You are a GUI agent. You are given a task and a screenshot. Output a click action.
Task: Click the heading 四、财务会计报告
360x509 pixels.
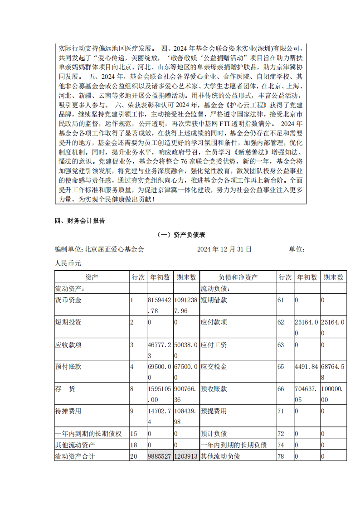pyautogui.click(x=80, y=221)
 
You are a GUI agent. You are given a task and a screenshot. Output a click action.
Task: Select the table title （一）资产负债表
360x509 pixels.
pyautogui.click(x=180, y=235)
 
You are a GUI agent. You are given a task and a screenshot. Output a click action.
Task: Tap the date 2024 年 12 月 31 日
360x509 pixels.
pyautogui.click(x=224, y=249)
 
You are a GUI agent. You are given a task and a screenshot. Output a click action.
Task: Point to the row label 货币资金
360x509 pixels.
pyautogui.click(x=68, y=300)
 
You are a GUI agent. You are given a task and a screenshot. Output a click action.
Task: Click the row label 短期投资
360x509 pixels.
pyautogui.click(x=68, y=322)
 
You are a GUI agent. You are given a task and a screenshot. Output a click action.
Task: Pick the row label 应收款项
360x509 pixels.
pyautogui.click(x=68, y=344)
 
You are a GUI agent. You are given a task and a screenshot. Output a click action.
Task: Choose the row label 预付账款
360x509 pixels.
pyautogui.click(x=68, y=367)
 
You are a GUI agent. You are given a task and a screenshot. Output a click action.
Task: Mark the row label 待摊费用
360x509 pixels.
pyautogui.click(x=68, y=411)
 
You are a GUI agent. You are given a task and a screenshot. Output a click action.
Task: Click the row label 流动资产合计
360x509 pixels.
pyautogui.click(x=75, y=456)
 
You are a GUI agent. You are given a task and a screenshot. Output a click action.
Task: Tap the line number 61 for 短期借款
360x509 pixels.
pyautogui.click(x=281, y=300)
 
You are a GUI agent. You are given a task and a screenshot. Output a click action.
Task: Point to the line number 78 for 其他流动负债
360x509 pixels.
pyautogui.click(x=281, y=456)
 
